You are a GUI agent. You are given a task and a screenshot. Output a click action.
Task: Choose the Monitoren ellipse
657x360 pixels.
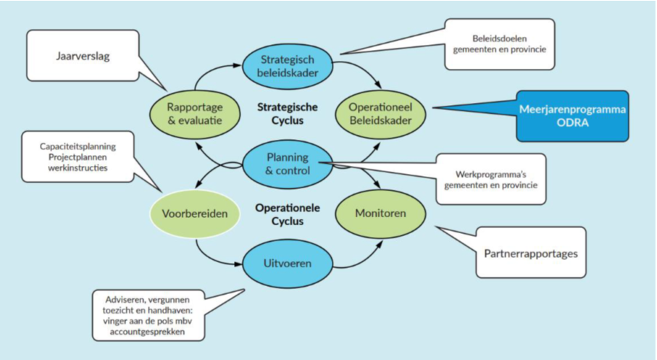(x=380, y=213)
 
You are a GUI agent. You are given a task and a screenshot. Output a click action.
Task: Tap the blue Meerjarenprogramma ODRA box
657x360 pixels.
(x=572, y=115)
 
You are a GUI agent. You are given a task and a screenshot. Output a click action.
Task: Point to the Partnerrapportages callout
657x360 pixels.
(x=530, y=254)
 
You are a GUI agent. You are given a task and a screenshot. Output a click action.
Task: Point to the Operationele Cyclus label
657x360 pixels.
(x=283, y=214)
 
